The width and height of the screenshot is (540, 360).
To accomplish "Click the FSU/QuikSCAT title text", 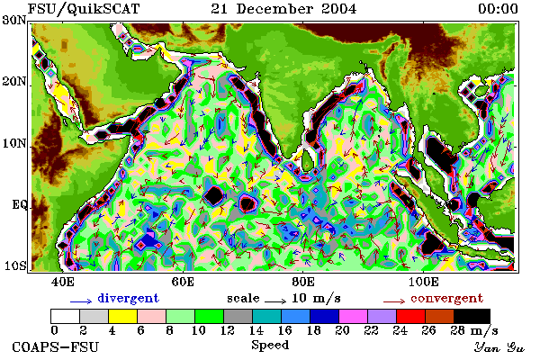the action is click(84, 9).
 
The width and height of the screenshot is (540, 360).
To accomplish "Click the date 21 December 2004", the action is click(283, 9).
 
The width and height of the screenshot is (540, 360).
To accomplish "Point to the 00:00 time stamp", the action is click(498, 9).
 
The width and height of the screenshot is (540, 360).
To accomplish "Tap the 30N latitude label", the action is click(14, 20).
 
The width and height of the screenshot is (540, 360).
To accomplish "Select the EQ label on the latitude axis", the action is click(20, 204).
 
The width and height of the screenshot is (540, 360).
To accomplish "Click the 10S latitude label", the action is click(14, 265).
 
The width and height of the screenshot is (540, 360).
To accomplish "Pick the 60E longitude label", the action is click(183, 282).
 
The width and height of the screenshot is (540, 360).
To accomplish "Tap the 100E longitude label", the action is click(424, 282).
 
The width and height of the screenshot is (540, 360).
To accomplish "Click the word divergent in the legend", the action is click(128, 298).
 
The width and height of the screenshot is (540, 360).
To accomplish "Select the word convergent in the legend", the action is click(446, 298).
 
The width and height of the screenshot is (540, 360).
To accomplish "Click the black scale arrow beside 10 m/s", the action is click(275, 301).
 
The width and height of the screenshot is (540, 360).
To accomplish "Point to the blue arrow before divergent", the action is click(81, 301).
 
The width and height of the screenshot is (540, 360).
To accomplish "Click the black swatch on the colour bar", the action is click(472, 316).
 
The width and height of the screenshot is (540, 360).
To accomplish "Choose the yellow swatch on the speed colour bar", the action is click(123, 316).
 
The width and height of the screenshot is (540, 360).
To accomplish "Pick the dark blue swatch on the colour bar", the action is click(324, 316).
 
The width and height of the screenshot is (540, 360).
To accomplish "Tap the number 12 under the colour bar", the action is click(228, 330).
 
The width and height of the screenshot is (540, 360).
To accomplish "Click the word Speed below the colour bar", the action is click(270, 346).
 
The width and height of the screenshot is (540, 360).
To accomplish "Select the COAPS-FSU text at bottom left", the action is click(55, 346).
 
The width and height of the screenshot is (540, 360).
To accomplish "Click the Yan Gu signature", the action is click(499, 347).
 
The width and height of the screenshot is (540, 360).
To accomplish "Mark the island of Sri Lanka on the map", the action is click(308, 159).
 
